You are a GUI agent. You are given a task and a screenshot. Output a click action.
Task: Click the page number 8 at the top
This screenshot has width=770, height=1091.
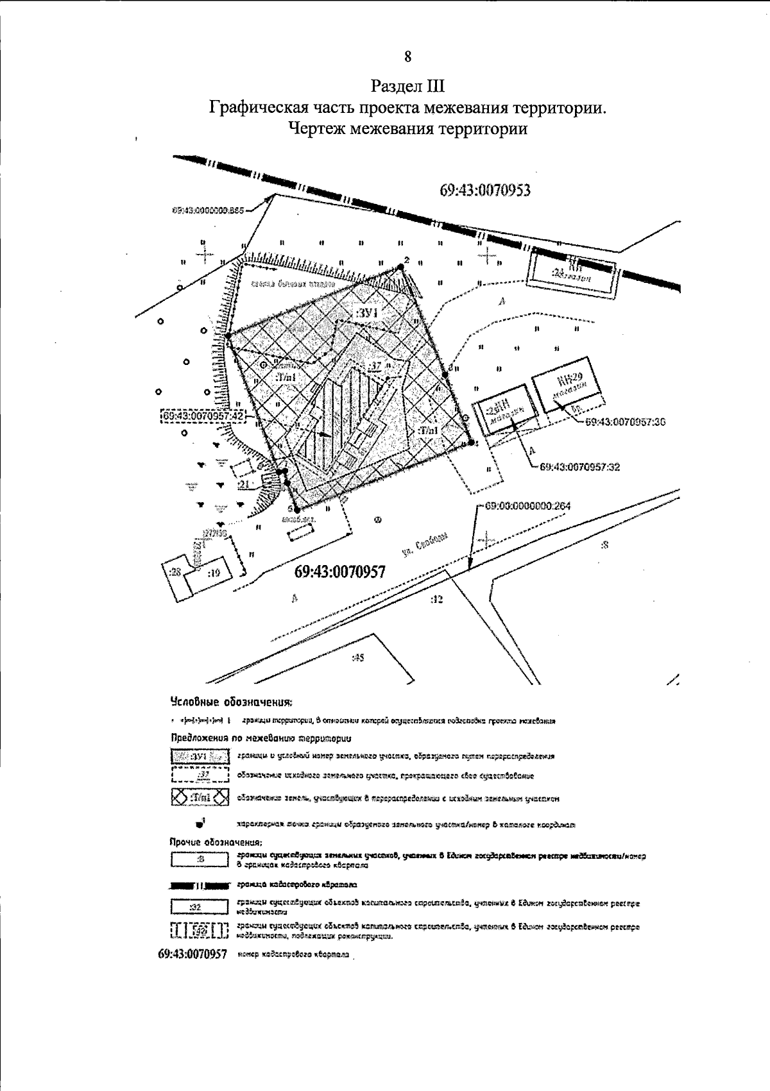(408, 56)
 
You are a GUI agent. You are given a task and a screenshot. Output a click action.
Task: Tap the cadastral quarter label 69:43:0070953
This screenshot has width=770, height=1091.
(486, 190)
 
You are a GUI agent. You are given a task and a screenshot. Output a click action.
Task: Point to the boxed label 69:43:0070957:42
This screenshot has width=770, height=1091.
(203, 416)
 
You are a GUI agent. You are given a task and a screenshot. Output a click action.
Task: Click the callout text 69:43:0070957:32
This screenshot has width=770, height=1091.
(580, 467)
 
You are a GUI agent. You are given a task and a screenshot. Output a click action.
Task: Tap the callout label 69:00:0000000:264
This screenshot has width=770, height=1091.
(527, 505)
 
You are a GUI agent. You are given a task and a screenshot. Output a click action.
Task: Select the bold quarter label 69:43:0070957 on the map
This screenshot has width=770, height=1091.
(340, 571)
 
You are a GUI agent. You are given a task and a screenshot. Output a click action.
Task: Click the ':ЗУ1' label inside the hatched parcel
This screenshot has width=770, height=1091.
(368, 312)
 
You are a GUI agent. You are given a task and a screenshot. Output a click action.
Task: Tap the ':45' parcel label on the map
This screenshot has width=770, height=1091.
(357, 657)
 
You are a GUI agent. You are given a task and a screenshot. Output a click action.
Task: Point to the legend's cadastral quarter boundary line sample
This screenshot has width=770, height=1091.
(200, 885)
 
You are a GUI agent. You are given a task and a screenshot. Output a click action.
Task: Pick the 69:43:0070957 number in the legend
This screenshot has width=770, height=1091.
(193, 954)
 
